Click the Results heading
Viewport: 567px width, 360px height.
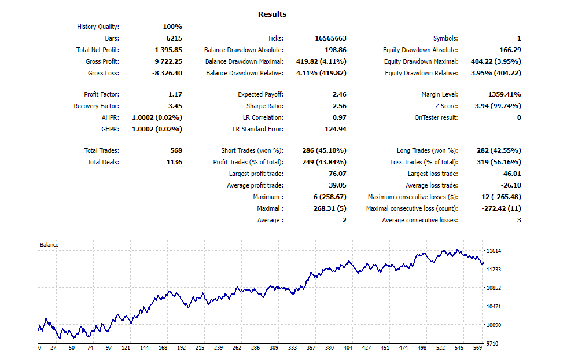click(x=272, y=14)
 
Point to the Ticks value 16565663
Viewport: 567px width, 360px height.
click(x=330, y=38)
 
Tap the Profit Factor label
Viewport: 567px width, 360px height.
click(x=101, y=94)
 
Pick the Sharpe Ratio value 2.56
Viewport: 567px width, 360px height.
click(x=339, y=106)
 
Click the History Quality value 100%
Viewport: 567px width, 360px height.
click(x=172, y=27)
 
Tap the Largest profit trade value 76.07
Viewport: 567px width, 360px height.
click(x=337, y=174)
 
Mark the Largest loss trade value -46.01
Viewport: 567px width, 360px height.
click(x=511, y=174)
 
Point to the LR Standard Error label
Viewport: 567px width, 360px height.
click(x=258, y=129)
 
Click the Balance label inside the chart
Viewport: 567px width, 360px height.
click(x=49, y=245)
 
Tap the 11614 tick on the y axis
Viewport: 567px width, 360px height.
click(x=494, y=251)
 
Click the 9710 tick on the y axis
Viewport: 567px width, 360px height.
click(x=492, y=344)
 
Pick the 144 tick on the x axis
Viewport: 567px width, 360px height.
click(x=145, y=348)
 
